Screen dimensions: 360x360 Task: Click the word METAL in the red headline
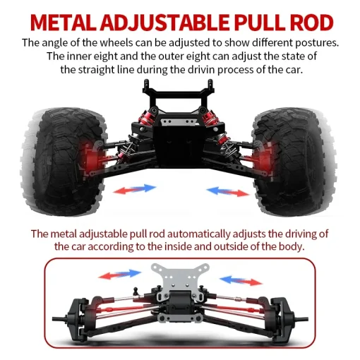coord(63,23)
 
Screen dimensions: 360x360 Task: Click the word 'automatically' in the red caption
coord(198,234)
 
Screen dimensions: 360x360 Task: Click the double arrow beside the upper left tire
coord(135,189)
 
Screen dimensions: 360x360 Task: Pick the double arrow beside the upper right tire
coord(228,191)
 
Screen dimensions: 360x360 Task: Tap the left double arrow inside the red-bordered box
coord(120,275)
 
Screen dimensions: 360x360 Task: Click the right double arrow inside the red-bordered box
coord(241,280)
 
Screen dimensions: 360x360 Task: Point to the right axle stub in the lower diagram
coord(301,319)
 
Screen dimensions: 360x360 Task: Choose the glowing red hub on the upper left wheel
coord(94,158)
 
